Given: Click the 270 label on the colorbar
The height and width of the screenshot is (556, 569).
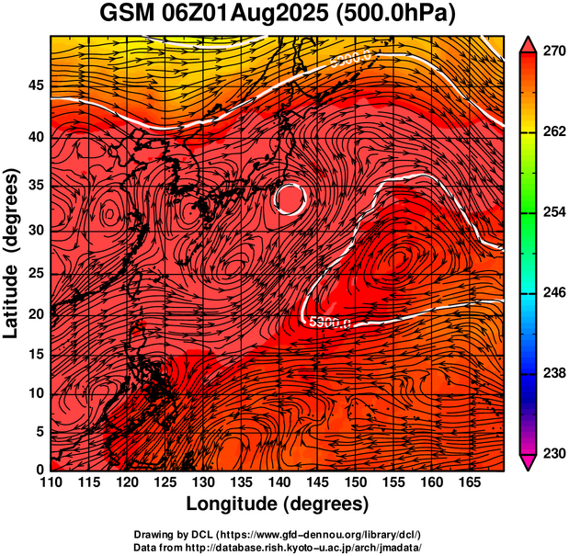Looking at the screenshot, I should coord(553,53).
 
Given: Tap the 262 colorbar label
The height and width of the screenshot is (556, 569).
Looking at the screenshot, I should coord(553,133).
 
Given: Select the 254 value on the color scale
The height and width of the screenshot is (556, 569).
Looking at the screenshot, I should coord(553,213).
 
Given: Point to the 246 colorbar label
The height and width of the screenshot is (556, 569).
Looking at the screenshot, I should coord(553,293).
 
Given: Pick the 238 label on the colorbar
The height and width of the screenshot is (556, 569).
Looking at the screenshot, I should coord(553,373).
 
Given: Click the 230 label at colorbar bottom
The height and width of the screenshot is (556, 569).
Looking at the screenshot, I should coord(553,453).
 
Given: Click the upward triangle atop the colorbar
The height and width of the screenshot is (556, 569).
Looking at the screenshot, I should coord(528,44).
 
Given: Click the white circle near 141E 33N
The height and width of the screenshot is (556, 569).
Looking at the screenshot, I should coord(290,199).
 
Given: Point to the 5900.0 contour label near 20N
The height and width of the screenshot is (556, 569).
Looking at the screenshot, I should coord(328,323).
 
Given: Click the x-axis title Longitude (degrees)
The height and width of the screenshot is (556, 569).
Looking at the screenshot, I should coord(278,504).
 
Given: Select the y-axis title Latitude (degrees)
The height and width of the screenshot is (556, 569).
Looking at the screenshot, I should coord(14,253).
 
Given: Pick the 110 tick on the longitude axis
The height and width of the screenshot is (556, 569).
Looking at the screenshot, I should coord(51,482).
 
